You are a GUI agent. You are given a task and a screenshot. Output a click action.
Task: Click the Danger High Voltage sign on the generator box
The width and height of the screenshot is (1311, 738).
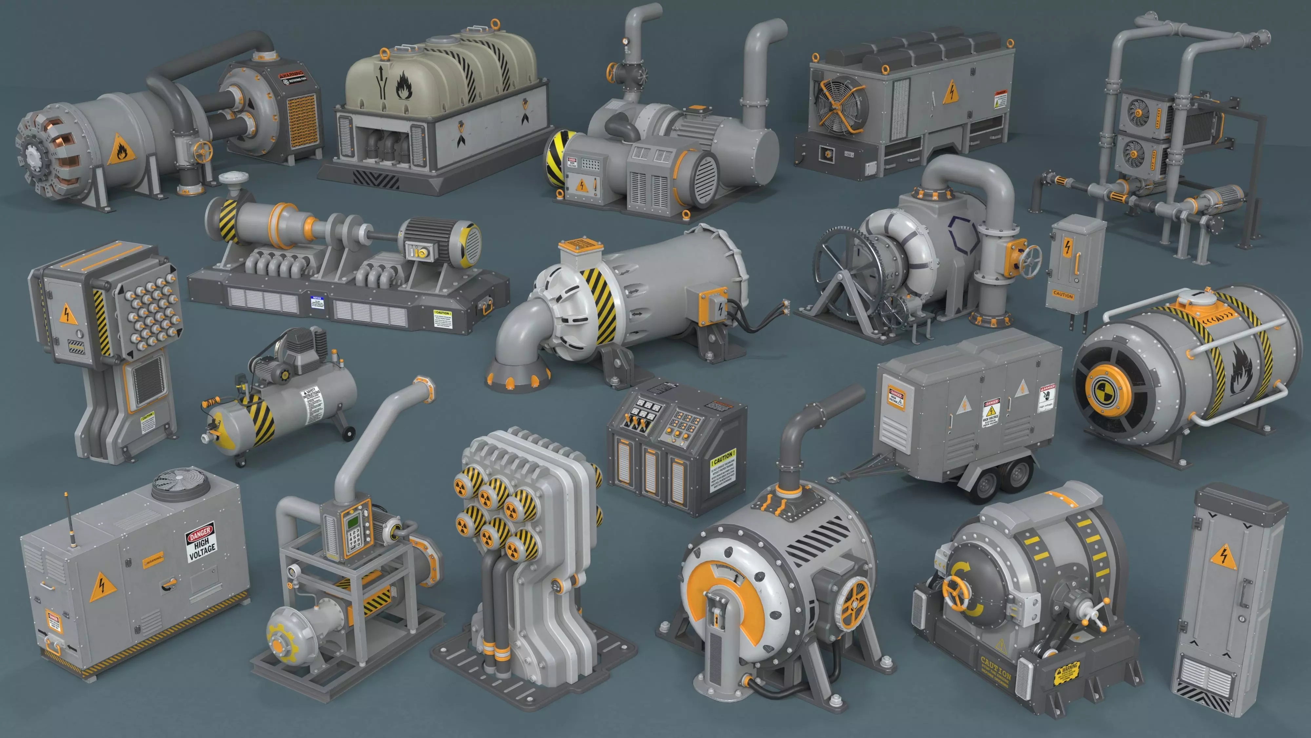(x=201, y=542)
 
